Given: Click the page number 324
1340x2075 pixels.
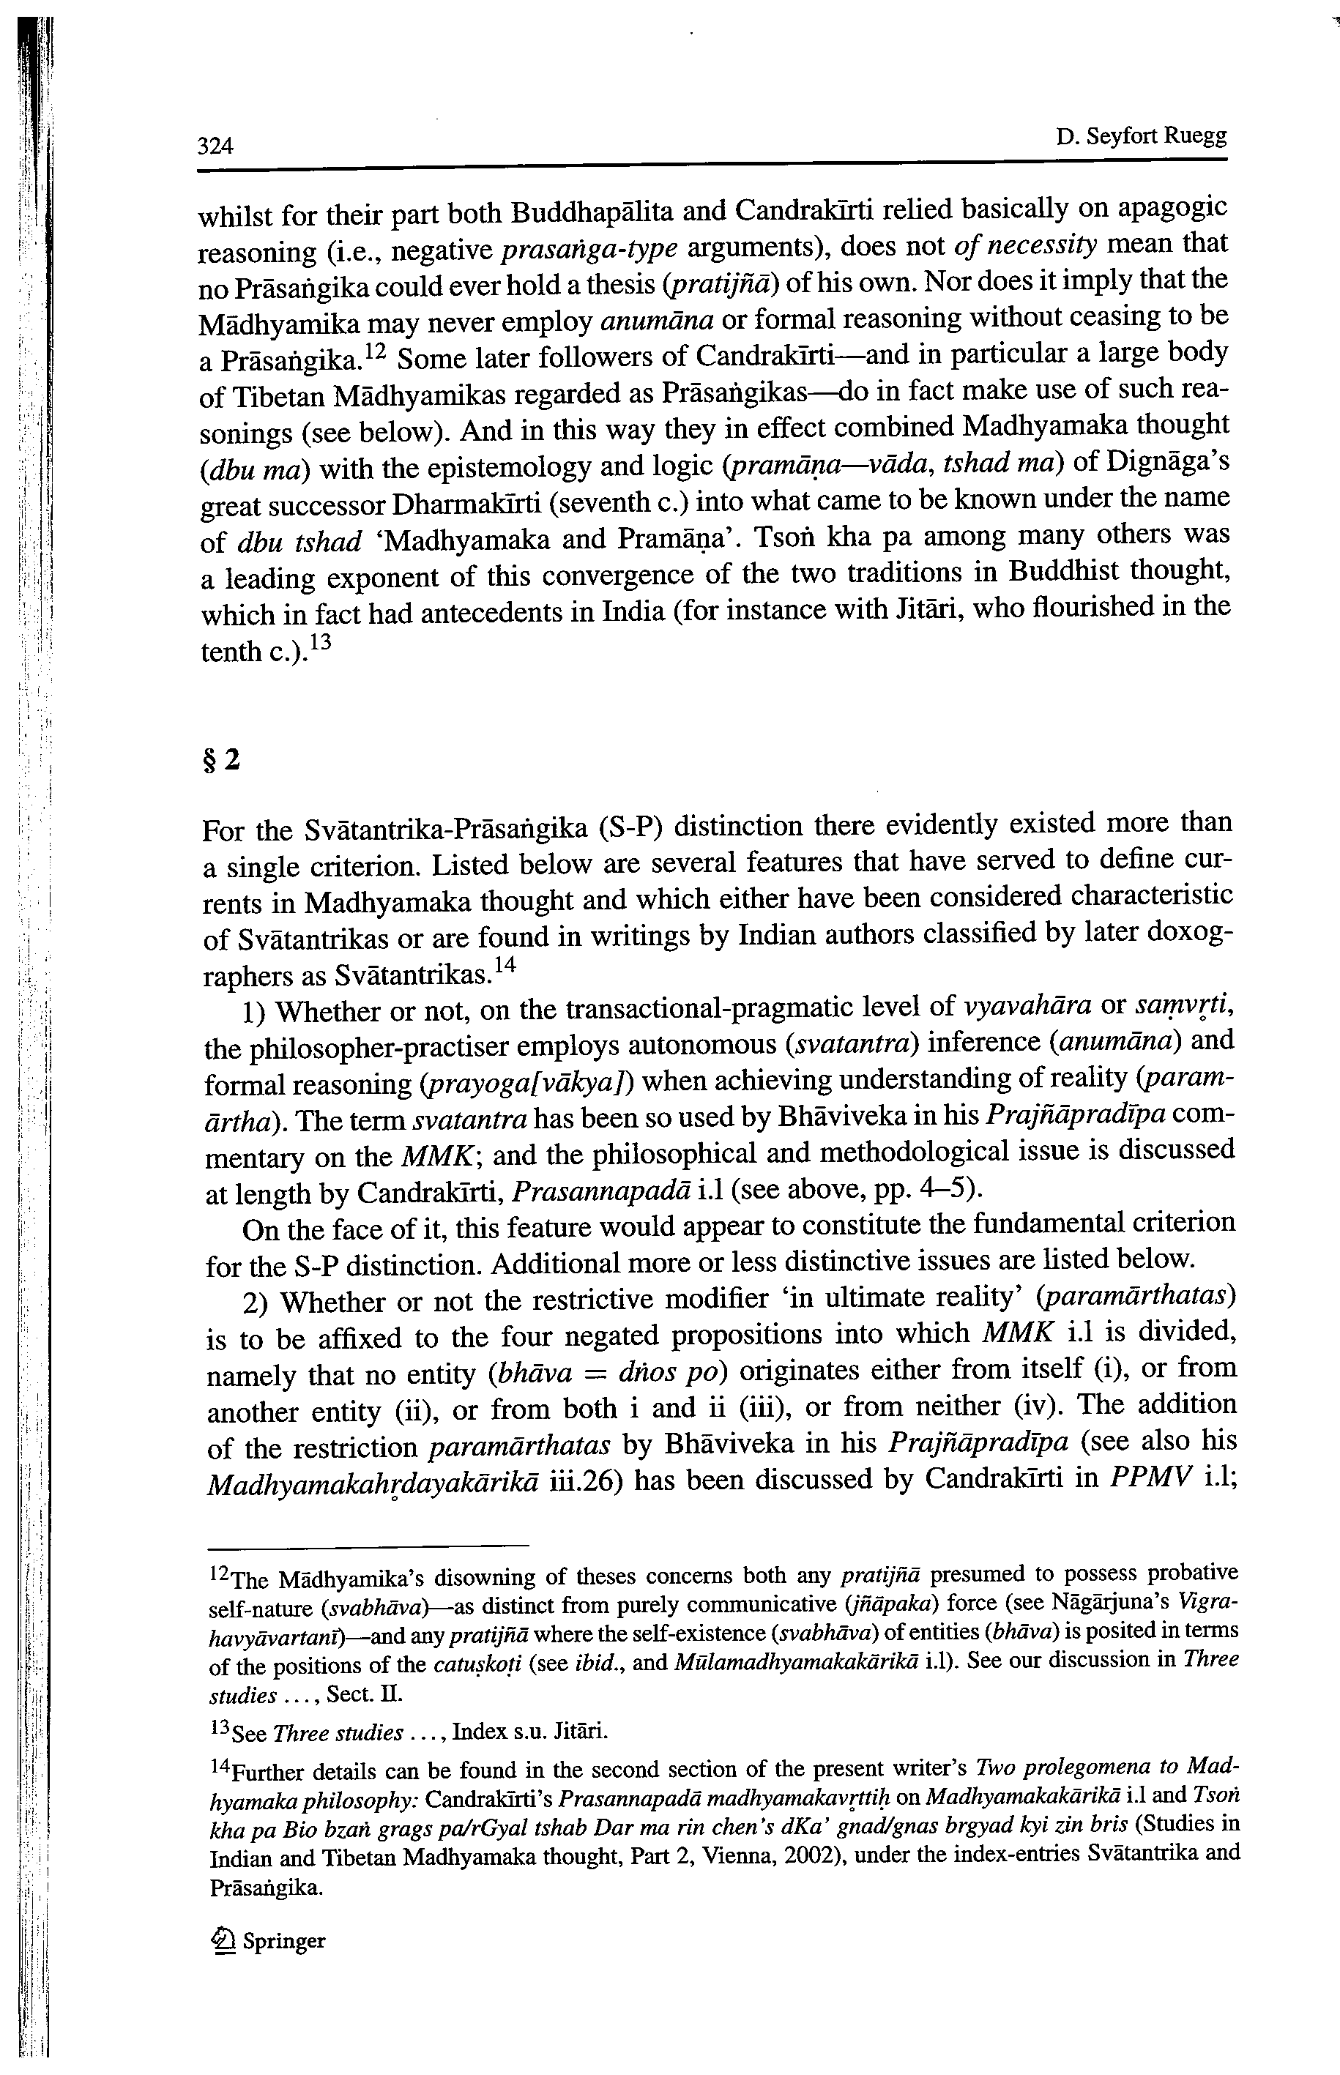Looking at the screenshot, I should (216, 145).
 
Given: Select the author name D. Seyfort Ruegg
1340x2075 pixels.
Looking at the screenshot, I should (1141, 137).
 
